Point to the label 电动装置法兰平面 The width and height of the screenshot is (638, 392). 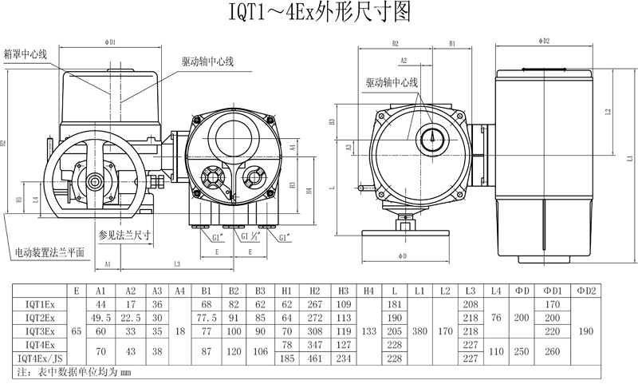pos(49,253)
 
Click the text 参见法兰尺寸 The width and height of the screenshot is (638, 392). pos(124,235)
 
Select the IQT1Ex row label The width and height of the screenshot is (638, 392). pos(40,305)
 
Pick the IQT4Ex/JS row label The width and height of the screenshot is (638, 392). pos(40,358)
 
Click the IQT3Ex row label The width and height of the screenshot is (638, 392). pos(40,331)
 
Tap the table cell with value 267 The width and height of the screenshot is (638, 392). pos(315,305)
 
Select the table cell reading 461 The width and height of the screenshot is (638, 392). pos(315,358)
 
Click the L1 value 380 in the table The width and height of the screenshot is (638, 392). pos(419,331)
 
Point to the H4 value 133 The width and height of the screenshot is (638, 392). pos(368,331)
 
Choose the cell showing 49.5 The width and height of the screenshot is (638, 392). pos(101,318)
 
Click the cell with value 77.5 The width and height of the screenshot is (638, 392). pos(207,318)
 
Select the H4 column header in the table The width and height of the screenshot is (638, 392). pos(368,291)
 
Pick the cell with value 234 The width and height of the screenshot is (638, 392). pos(343,358)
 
